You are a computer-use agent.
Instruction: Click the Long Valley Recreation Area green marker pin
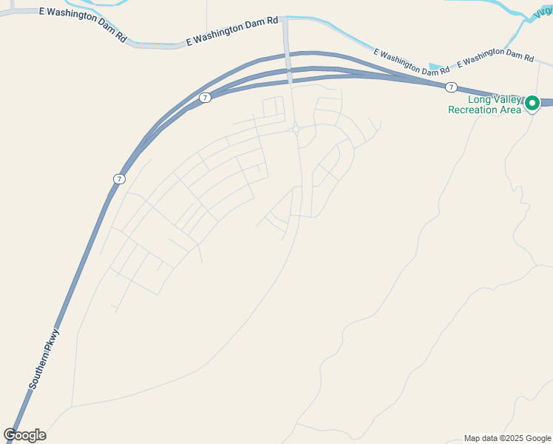(532, 104)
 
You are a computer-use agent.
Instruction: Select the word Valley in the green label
(505, 99)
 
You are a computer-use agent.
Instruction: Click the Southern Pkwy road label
(44, 359)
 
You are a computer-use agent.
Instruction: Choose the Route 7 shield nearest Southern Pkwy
(119, 179)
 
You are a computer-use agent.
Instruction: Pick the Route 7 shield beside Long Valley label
(450, 87)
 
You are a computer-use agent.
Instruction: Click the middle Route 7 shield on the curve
(205, 98)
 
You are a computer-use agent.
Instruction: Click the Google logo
(24, 435)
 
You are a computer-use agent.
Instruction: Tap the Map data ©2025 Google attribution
(506, 438)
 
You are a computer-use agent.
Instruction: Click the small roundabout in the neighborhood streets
(296, 129)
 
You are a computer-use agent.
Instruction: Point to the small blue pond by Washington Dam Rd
(436, 67)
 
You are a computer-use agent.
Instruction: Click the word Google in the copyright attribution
(535, 438)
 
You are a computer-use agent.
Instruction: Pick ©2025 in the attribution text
(509, 438)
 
